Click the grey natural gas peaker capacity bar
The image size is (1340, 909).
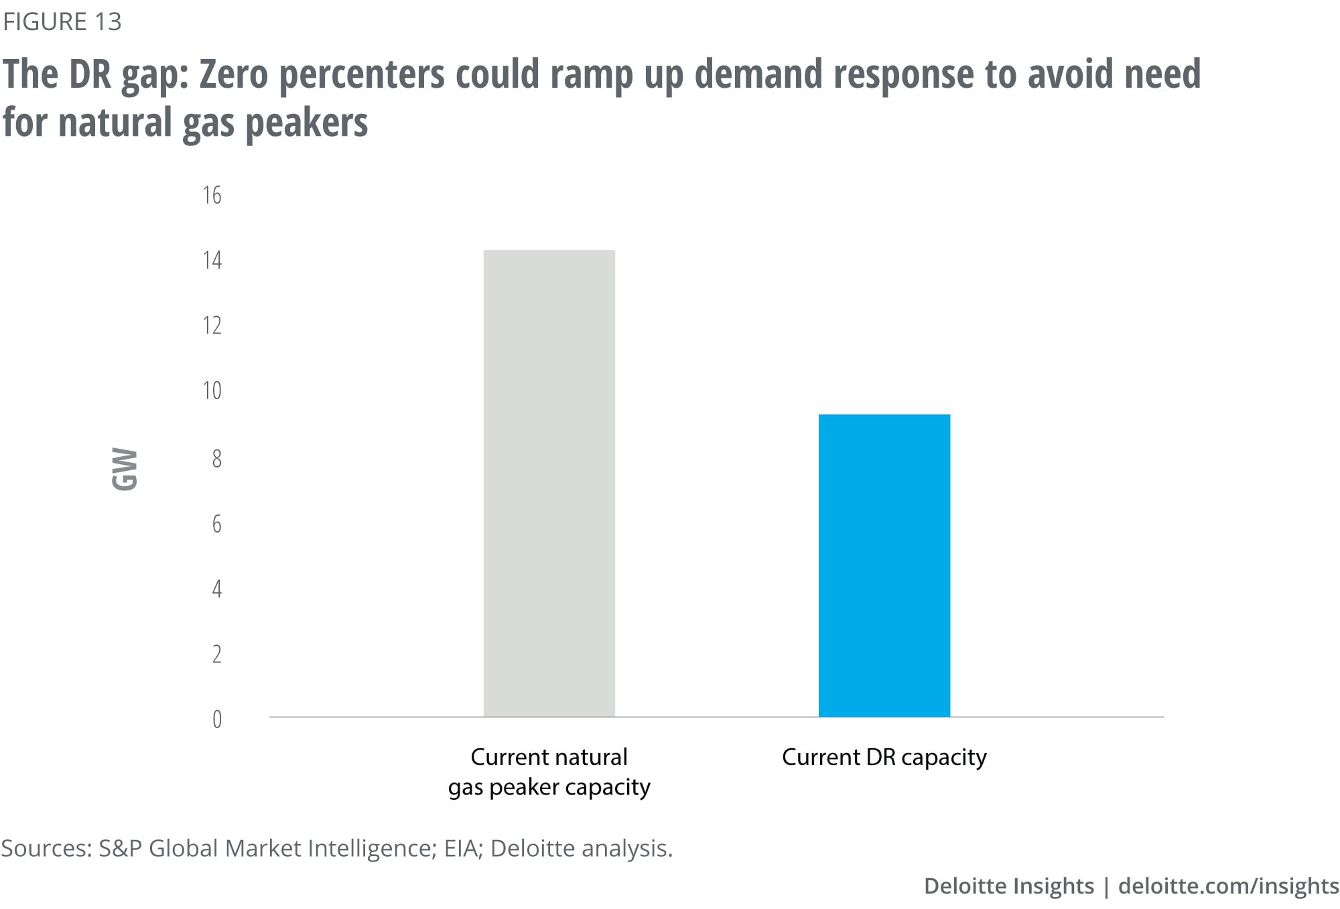tap(549, 482)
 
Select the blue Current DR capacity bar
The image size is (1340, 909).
tap(884, 565)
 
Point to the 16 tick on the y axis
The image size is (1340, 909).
tap(212, 195)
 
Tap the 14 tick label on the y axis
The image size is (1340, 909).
tap(212, 260)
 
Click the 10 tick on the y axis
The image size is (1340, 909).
tap(212, 391)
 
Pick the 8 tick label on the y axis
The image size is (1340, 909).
tap(216, 459)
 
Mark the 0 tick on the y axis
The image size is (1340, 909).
tap(216, 719)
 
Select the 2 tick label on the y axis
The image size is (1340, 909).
tap(216, 654)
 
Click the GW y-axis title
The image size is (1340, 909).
tap(125, 470)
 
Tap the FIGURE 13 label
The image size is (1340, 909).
tap(62, 22)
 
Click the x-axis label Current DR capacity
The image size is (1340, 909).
tap(884, 757)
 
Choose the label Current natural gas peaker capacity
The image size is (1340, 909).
tap(549, 772)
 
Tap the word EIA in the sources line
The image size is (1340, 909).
tap(460, 849)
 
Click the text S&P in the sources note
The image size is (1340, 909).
tap(120, 849)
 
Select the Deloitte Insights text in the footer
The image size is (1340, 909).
tap(1008, 886)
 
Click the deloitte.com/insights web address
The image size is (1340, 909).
tap(1228, 886)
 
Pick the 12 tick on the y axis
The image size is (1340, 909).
tap(212, 326)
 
